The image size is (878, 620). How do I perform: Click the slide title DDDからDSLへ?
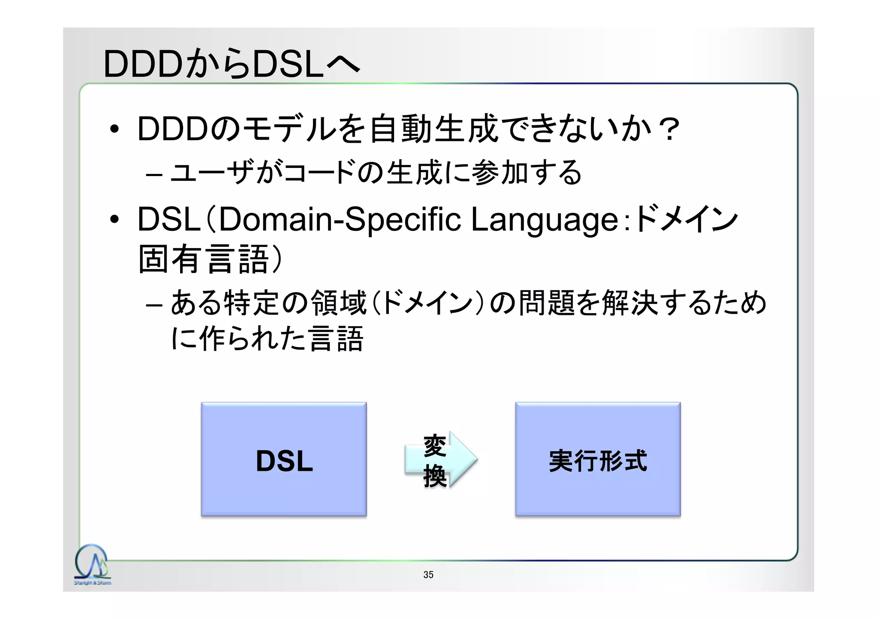click(232, 64)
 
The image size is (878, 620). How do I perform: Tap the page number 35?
click(428, 575)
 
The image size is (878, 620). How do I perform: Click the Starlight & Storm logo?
click(92, 565)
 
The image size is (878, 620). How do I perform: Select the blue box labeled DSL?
click(284, 459)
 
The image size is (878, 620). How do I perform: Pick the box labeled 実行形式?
click(598, 459)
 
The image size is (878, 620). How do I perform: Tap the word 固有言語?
click(204, 259)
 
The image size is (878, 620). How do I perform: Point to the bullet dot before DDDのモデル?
click(114, 129)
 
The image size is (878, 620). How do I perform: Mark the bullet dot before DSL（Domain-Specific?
click(114, 219)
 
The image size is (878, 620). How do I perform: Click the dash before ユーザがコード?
click(154, 174)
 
